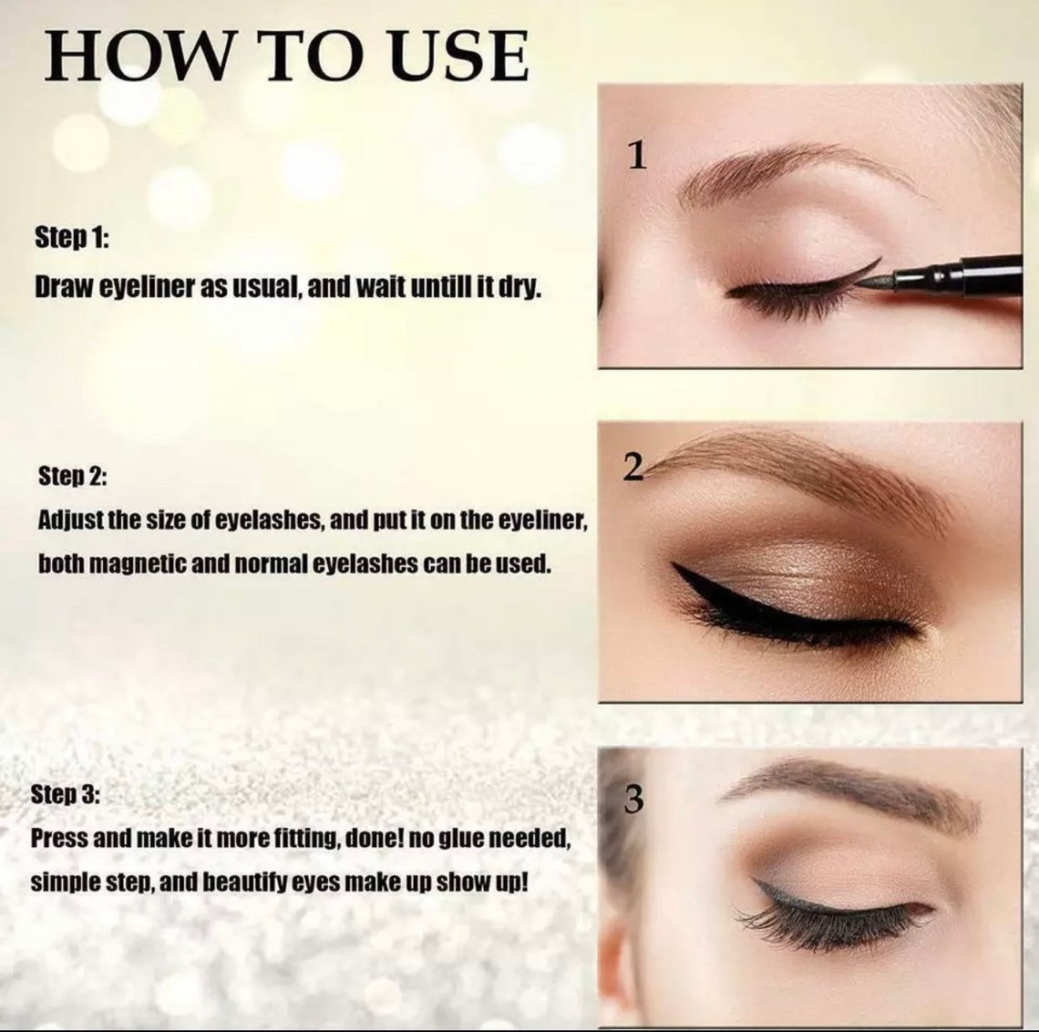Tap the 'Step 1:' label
click(72, 239)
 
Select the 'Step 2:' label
click(73, 476)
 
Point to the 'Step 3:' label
click(66, 793)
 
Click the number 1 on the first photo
click(637, 156)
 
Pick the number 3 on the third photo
click(634, 800)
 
